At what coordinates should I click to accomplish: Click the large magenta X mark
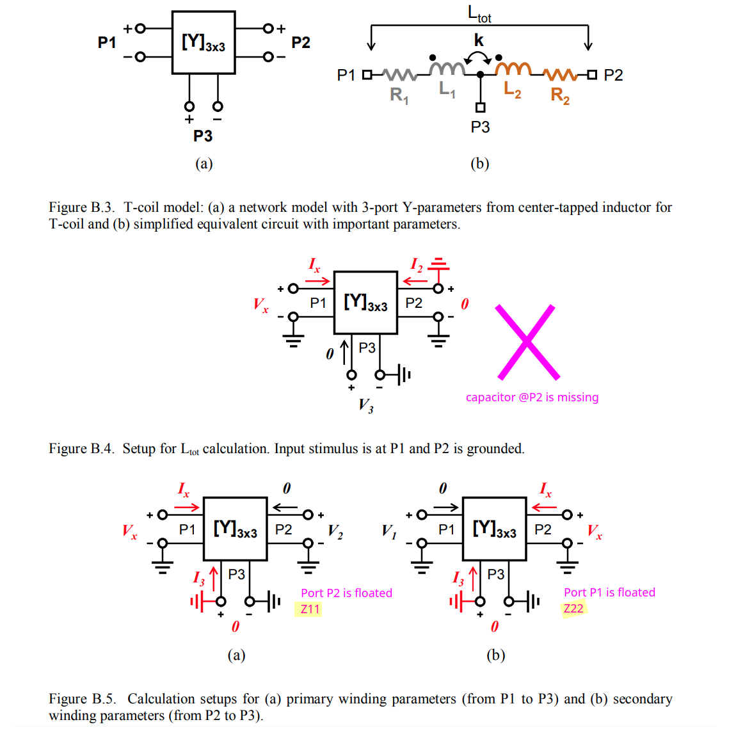527,342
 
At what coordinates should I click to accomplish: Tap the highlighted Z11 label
310,609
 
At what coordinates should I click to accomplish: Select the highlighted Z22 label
573,609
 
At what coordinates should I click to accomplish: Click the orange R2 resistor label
560,96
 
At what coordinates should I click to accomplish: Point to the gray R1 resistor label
399,96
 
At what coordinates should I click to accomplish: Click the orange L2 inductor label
512,90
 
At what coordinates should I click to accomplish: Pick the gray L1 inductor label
447,90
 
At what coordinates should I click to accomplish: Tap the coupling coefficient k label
479,41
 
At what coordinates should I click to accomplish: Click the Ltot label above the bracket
479,13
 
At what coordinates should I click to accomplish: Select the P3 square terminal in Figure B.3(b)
480,108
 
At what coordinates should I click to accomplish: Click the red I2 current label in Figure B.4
416,264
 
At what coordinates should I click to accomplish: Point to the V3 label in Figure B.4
365,405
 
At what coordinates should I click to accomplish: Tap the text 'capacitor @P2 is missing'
532,397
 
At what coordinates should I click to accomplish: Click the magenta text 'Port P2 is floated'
346,593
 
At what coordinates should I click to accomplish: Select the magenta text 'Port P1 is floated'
609,593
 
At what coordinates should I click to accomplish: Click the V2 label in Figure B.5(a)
335,531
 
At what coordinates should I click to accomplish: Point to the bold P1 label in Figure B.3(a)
107,43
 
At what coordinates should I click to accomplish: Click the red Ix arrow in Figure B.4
318,280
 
